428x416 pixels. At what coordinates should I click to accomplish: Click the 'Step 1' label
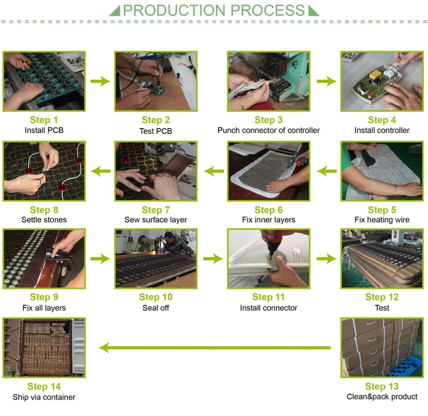(x=44, y=120)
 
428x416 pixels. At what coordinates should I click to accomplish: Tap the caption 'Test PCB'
(x=156, y=131)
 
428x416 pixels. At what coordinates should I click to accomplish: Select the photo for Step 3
(x=269, y=81)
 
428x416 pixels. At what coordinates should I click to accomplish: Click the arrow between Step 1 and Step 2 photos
(x=100, y=81)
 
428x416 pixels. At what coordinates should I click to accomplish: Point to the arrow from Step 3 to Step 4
(x=326, y=81)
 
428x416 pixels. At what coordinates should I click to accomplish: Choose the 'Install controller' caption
(x=382, y=130)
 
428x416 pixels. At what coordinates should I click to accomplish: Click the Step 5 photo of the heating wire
(x=382, y=171)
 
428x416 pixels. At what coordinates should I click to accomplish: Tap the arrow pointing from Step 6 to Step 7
(x=213, y=170)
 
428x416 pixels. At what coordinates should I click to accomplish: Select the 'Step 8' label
(x=44, y=210)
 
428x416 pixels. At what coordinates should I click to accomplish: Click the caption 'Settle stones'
(x=44, y=220)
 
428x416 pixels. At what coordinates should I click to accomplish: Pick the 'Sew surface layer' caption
(x=156, y=220)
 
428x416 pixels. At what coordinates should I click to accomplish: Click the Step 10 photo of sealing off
(x=156, y=258)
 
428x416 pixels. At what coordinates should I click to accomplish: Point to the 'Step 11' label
(x=268, y=297)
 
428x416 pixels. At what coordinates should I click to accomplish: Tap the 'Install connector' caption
(x=268, y=308)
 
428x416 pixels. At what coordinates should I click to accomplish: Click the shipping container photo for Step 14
(x=44, y=347)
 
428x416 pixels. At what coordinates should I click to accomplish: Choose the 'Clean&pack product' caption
(x=382, y=397)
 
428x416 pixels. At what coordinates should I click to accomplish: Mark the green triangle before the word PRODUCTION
(x=115, y=11)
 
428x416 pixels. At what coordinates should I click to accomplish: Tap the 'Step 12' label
(x=382, y=297)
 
